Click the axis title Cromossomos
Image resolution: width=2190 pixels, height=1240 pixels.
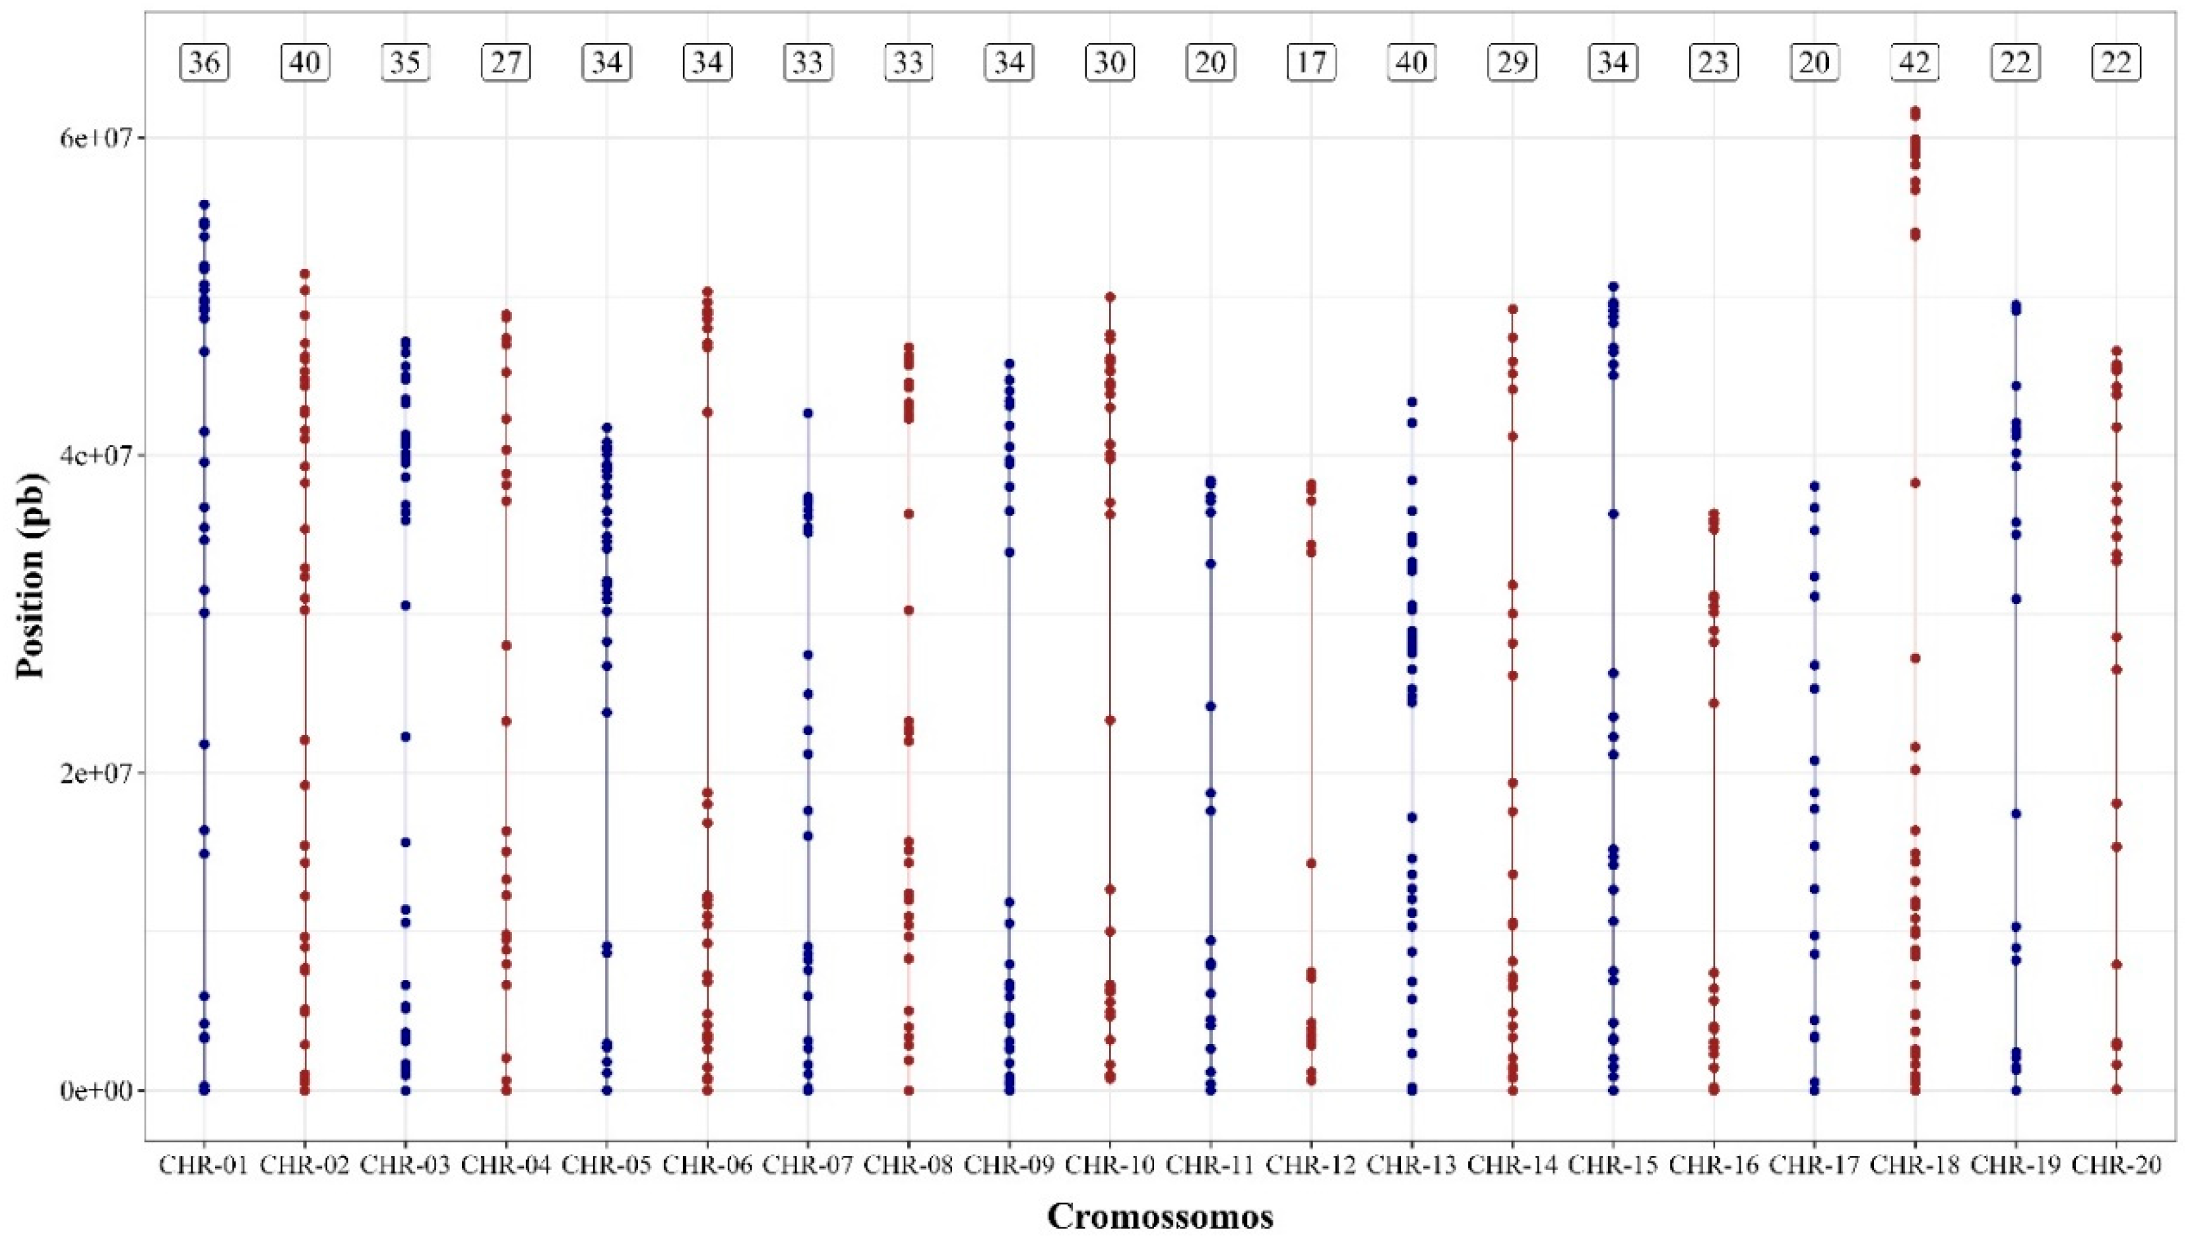pos(1160,1216)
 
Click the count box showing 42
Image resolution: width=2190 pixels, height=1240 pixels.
pos(1915,63)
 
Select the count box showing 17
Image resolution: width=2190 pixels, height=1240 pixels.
pos(1311,63)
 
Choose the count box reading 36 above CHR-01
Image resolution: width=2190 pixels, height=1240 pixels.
pos(205,63)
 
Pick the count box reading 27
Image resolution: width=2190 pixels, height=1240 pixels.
pos(507,63)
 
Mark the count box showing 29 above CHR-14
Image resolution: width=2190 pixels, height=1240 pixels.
pos(1512,63)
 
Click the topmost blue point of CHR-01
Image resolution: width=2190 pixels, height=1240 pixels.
pos(205,205)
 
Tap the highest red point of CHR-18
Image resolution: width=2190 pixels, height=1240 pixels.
pos(1915,112)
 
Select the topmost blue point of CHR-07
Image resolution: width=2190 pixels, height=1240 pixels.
pos(808,413)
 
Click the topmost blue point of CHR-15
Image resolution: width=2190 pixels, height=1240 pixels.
pos(1613,287)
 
